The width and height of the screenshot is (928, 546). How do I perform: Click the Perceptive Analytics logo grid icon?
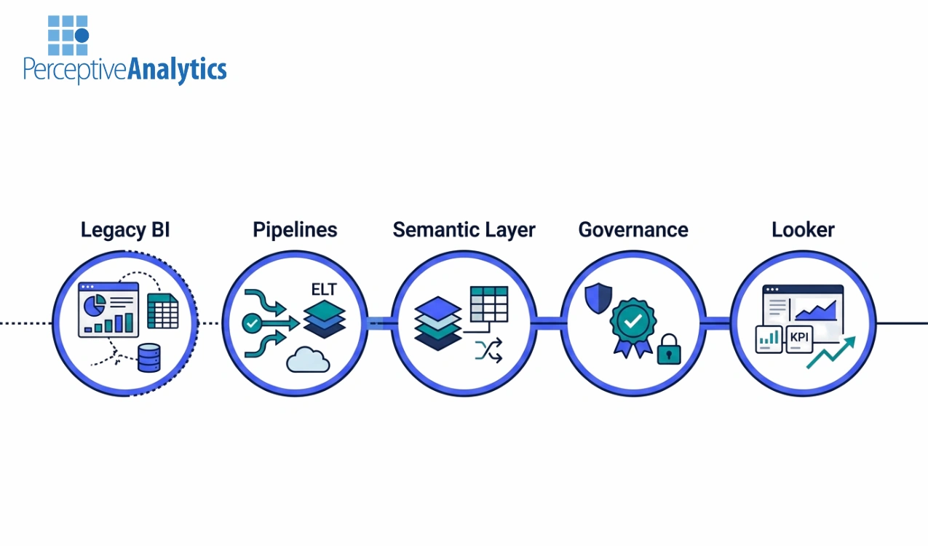click(x=68, y=35)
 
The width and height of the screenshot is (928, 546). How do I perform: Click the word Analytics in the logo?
click(x=177, y=70)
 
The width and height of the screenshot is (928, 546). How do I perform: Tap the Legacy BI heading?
click(x=125, y=230)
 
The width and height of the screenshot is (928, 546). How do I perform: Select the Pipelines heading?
click(x=295, y=230)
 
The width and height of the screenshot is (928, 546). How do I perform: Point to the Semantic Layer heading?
click(x=464, y=230)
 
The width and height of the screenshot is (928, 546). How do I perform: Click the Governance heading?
click(x=633, y=230)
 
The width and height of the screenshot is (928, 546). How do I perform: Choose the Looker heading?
click(x=803, y=230)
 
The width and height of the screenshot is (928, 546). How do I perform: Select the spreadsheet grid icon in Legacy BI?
click(x=162, y=312)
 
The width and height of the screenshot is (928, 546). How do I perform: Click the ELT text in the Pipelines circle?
click(x=324, y=290)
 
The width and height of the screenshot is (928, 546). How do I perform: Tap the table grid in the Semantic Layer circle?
click(x=488, y=304)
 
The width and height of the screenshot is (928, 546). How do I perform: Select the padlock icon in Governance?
click(x=668, y=350)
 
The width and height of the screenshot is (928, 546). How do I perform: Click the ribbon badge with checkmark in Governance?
click(x=632, y=324)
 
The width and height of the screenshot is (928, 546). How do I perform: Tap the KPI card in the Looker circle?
click(x=798, y=338)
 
